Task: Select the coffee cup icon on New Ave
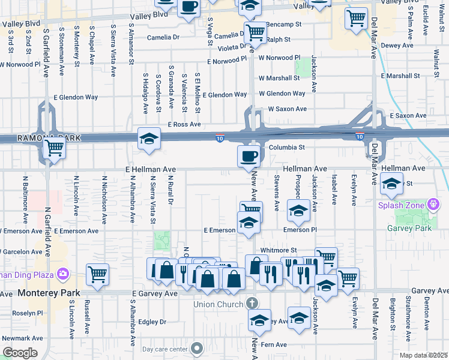pyautogui.click(x=249, y=157)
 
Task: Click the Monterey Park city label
pyautogui.click(x=47, y=293)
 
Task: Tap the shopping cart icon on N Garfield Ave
pyautogui.click(x=55, y=147)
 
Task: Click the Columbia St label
pyautogui.click(x=287, y=147)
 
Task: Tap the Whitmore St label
pyautogui.click(x=279, y=250)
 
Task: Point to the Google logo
pyautogui.click(x=19, y=353)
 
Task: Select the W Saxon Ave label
pyautogui.click(x=287, y=109)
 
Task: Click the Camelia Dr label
pyautogui.click(x=163, y=37)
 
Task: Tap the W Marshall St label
pyautogui.click(x=279, y=78)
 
